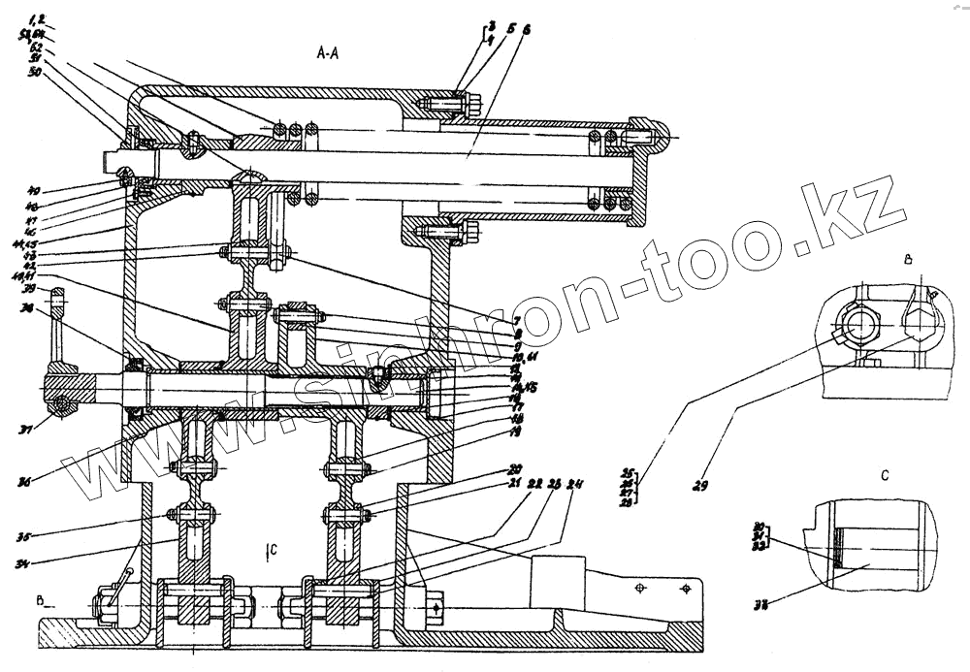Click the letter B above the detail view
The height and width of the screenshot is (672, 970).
pos(907,261)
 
